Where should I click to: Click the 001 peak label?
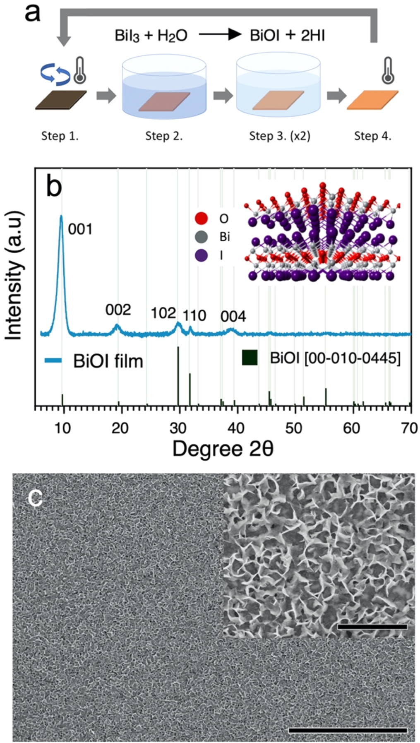tap(80, 229)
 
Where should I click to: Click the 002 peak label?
tap(118, 310)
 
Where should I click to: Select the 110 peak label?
tap(194, 316)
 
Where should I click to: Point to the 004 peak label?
tap(233, 317)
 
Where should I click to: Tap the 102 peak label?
tap(163, 313)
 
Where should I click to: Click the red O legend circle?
tap(201, 218)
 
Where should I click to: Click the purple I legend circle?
tap(201, 255)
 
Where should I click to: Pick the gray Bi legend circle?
tap(201, 237)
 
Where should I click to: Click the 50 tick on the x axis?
tap(294, 428)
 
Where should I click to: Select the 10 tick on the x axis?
tap(62, 428)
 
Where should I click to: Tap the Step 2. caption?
tap(164, 136)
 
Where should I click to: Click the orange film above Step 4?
tap(372, 100)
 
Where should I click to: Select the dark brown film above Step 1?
tap(60, 100)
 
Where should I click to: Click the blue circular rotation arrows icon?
tap(55, 74)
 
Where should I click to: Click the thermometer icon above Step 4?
tap(388, 70)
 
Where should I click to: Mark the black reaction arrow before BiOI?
tap(220, 35)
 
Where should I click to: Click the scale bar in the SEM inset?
tap(372, 627)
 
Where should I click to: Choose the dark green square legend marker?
tap(250, 358)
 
